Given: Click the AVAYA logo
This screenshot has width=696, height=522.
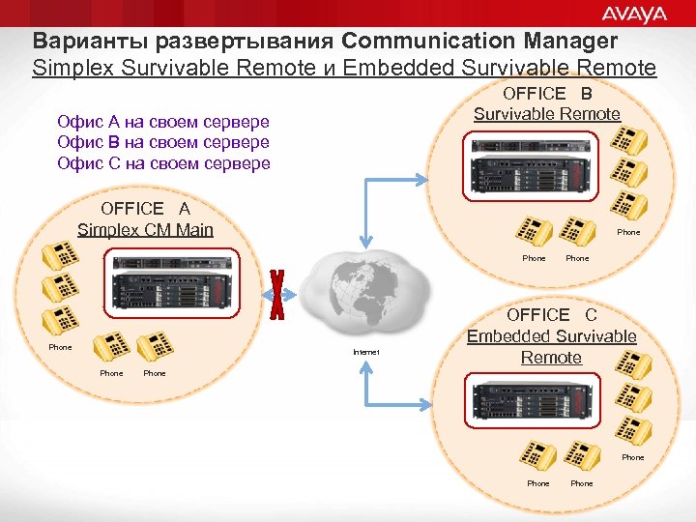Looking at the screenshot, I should [x=634, y=14].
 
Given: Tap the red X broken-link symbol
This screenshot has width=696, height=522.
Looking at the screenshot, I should [x=278, y=295].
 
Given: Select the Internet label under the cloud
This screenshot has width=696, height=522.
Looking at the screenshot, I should [x=366, y=352].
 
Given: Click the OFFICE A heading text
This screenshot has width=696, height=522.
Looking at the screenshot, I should [x=145, y=209].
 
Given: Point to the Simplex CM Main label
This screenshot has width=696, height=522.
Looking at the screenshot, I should [x=145, y=229].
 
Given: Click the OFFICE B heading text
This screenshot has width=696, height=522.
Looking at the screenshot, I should [x=546, y=94].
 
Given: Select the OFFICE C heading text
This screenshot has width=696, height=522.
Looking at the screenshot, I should [x=551, y=315].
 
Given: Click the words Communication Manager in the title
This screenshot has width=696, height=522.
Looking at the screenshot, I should [x=479, y=42].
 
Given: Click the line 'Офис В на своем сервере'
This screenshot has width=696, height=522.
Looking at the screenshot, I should [x=163, y=142].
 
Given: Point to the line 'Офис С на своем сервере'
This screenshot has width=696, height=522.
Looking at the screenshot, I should [x=163, y=162].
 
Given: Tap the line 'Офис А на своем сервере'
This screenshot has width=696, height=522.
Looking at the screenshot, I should [x=163, y=122].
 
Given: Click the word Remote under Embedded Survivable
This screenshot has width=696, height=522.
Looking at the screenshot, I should [x=551, y=358].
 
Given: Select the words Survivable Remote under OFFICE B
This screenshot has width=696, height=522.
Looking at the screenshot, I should [x=546, y=114].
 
